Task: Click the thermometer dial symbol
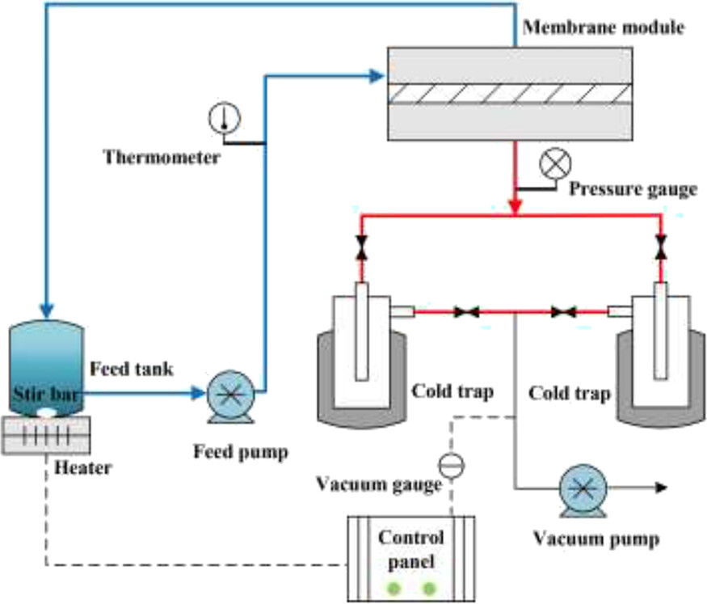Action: click(224, 118)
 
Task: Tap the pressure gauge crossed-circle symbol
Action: click(554, 163)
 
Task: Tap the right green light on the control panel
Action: click(429, 588)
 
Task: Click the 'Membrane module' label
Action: click(604, 28)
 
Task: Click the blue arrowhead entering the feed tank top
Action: click(48, 310)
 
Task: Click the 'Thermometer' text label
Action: click(161, 156)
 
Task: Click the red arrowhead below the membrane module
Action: click(515, 208)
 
